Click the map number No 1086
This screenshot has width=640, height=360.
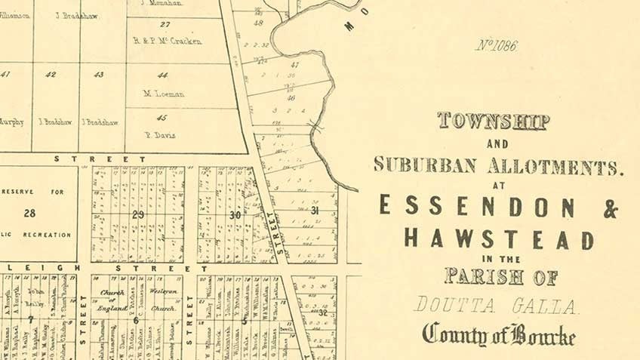[x=496, y=46]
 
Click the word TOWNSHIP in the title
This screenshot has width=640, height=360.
[x=493, y=121]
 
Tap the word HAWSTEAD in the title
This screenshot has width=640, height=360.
[x=498, y=239]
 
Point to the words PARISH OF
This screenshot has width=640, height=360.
[x=501, y=276]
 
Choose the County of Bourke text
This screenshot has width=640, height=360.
[x=499, y=334]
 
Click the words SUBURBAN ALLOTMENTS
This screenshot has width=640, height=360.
[x=499, y=166]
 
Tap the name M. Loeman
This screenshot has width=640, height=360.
[x=164, y=94]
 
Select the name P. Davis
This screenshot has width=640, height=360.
[x=161, y=136]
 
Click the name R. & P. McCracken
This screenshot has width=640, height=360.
[x=167, y=41]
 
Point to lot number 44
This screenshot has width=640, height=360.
[x=162, y=75]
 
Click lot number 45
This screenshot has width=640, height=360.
[x=162, y=117]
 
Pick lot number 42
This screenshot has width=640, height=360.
[x=51, y=75]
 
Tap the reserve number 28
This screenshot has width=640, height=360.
[x=29, y=214]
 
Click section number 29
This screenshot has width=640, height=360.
[x=138, y=214]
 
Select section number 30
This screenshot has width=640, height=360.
[x=235, y=214]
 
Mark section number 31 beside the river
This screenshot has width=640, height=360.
[x=315, y=210]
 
